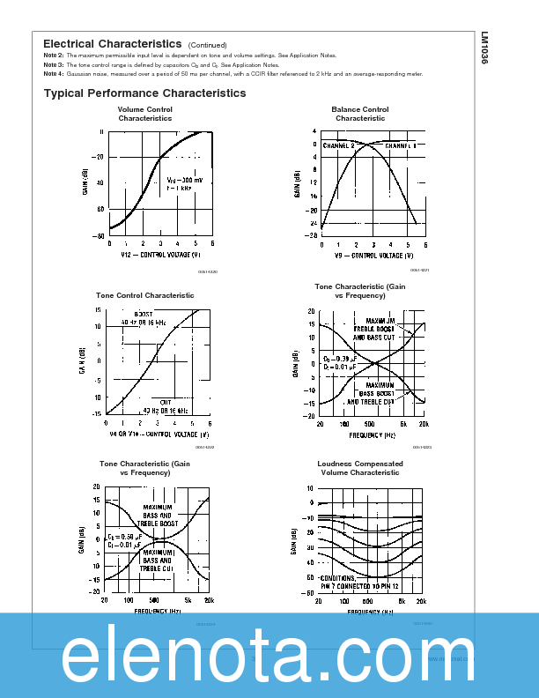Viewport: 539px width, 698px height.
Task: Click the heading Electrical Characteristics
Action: [x=112, y=44]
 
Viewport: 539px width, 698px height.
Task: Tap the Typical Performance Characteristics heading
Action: [x=144, y=93]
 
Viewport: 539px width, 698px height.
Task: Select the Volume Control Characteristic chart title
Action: [x=145, y=114]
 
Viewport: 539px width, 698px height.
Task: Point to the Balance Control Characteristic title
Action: [x=359, y=114]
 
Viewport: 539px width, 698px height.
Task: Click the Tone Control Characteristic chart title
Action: [x=144, y=295]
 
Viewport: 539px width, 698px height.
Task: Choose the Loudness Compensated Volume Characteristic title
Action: [x=359, y=468]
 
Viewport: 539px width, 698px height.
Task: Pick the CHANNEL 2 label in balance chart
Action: [x=339, y=145]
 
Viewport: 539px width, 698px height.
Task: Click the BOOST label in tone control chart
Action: [x=143, y=314]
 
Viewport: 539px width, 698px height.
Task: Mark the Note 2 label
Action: [x=53, y=56]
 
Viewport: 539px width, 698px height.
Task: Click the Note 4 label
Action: [x=53, y=74]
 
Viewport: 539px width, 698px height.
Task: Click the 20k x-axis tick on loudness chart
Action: [x=421, y=601]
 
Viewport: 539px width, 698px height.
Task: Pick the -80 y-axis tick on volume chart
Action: [x=100, y=236]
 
